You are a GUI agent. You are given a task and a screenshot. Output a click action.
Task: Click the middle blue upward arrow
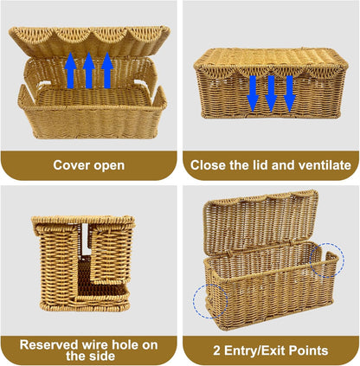point(89,70)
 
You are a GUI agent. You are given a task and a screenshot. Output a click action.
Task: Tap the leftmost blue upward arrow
point(70,70)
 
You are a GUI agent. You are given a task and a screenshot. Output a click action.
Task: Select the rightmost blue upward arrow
point(107,70)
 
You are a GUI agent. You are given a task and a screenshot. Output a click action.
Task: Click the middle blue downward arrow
point(271,93)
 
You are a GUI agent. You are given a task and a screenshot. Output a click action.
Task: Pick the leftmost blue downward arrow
point(253,93)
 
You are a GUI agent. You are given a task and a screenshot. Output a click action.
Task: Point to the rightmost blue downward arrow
point(289,93)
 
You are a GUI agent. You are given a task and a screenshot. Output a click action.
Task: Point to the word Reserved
point(49,344)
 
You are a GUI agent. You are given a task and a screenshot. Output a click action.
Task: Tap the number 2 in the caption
point(216,350)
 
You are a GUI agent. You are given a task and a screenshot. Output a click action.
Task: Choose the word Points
point(308,350)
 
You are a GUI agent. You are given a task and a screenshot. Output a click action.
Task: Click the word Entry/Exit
point(255,351)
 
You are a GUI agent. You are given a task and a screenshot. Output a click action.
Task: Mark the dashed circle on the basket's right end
point(327,260)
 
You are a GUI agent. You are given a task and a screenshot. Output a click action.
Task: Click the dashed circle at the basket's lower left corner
point(210,301)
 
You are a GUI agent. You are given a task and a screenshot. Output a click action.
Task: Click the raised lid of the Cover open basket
point(89,41)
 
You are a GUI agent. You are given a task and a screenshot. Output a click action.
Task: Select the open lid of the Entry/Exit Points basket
point(260,222)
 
